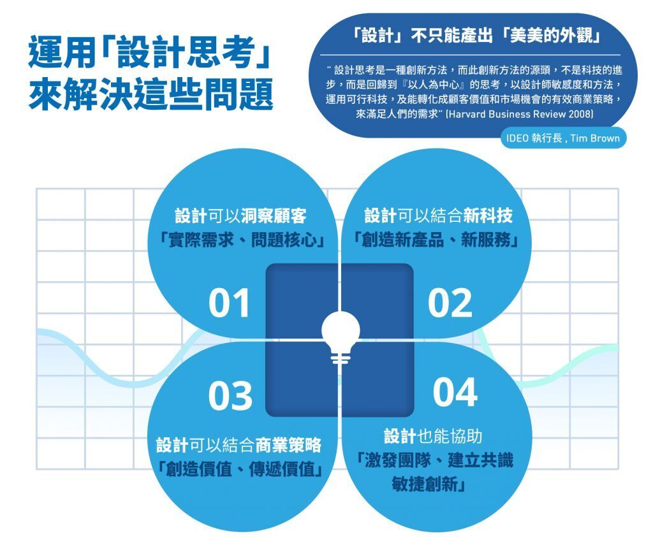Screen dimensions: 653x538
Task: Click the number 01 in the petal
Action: (x=229, y=303)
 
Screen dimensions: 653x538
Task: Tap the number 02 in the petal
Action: (x=450, y=303)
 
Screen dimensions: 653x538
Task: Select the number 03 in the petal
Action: (x=230, y=395)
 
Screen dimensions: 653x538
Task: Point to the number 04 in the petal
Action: (x=455, y=392)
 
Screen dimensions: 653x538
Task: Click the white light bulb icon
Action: (x=341, y=338)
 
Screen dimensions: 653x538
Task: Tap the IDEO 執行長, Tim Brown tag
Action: (x=563, y=138)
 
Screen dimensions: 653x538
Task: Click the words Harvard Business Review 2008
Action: (x=519, y=113)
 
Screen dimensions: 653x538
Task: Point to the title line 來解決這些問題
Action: (x=150, y=94)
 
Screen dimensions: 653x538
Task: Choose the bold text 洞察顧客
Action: (x=273, y=215)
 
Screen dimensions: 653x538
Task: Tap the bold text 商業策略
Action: (x=288, y=445)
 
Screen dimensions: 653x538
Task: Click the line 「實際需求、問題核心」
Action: (x=242, y=240)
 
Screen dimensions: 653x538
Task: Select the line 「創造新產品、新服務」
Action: (x=436, y=240)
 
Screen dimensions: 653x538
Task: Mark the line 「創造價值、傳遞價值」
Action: (x=240, y=469)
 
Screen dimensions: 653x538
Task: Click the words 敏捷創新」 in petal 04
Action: (x=429, y=483)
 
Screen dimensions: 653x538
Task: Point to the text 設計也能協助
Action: (x=433, y=436)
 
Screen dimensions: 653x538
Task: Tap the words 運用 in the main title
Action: (x=62, y=54)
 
